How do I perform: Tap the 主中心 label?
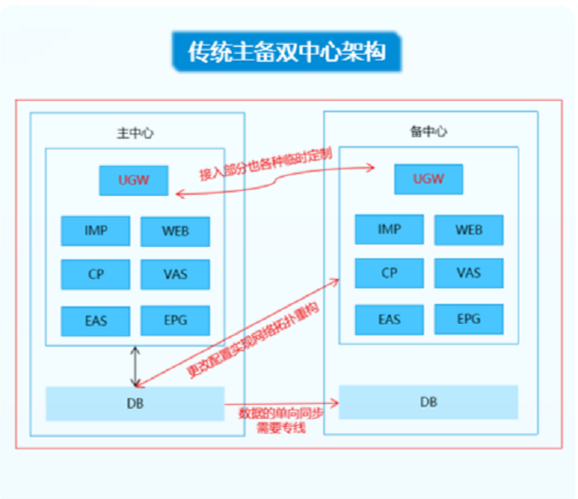tap(135, 132)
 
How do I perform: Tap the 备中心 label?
tap(429, 131)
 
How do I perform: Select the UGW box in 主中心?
tap(134, 180)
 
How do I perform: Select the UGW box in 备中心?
tap(429, 178)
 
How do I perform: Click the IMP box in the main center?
tap(96, 230)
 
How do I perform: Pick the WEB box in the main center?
tap(175, 231)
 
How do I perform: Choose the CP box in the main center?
tap(96, 274)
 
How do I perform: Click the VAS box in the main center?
tap(175, 274)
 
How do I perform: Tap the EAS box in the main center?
tap(96, 320)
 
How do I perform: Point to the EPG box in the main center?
tap(175, 320)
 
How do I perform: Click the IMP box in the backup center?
tap(390, 229)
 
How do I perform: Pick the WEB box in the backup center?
tap(469, 229)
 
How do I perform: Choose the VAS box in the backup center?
tap(469, 273)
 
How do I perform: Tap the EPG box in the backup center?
tap(469, 318)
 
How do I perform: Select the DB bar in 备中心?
tap(429, 402)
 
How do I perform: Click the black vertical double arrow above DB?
tap(135, 366)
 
